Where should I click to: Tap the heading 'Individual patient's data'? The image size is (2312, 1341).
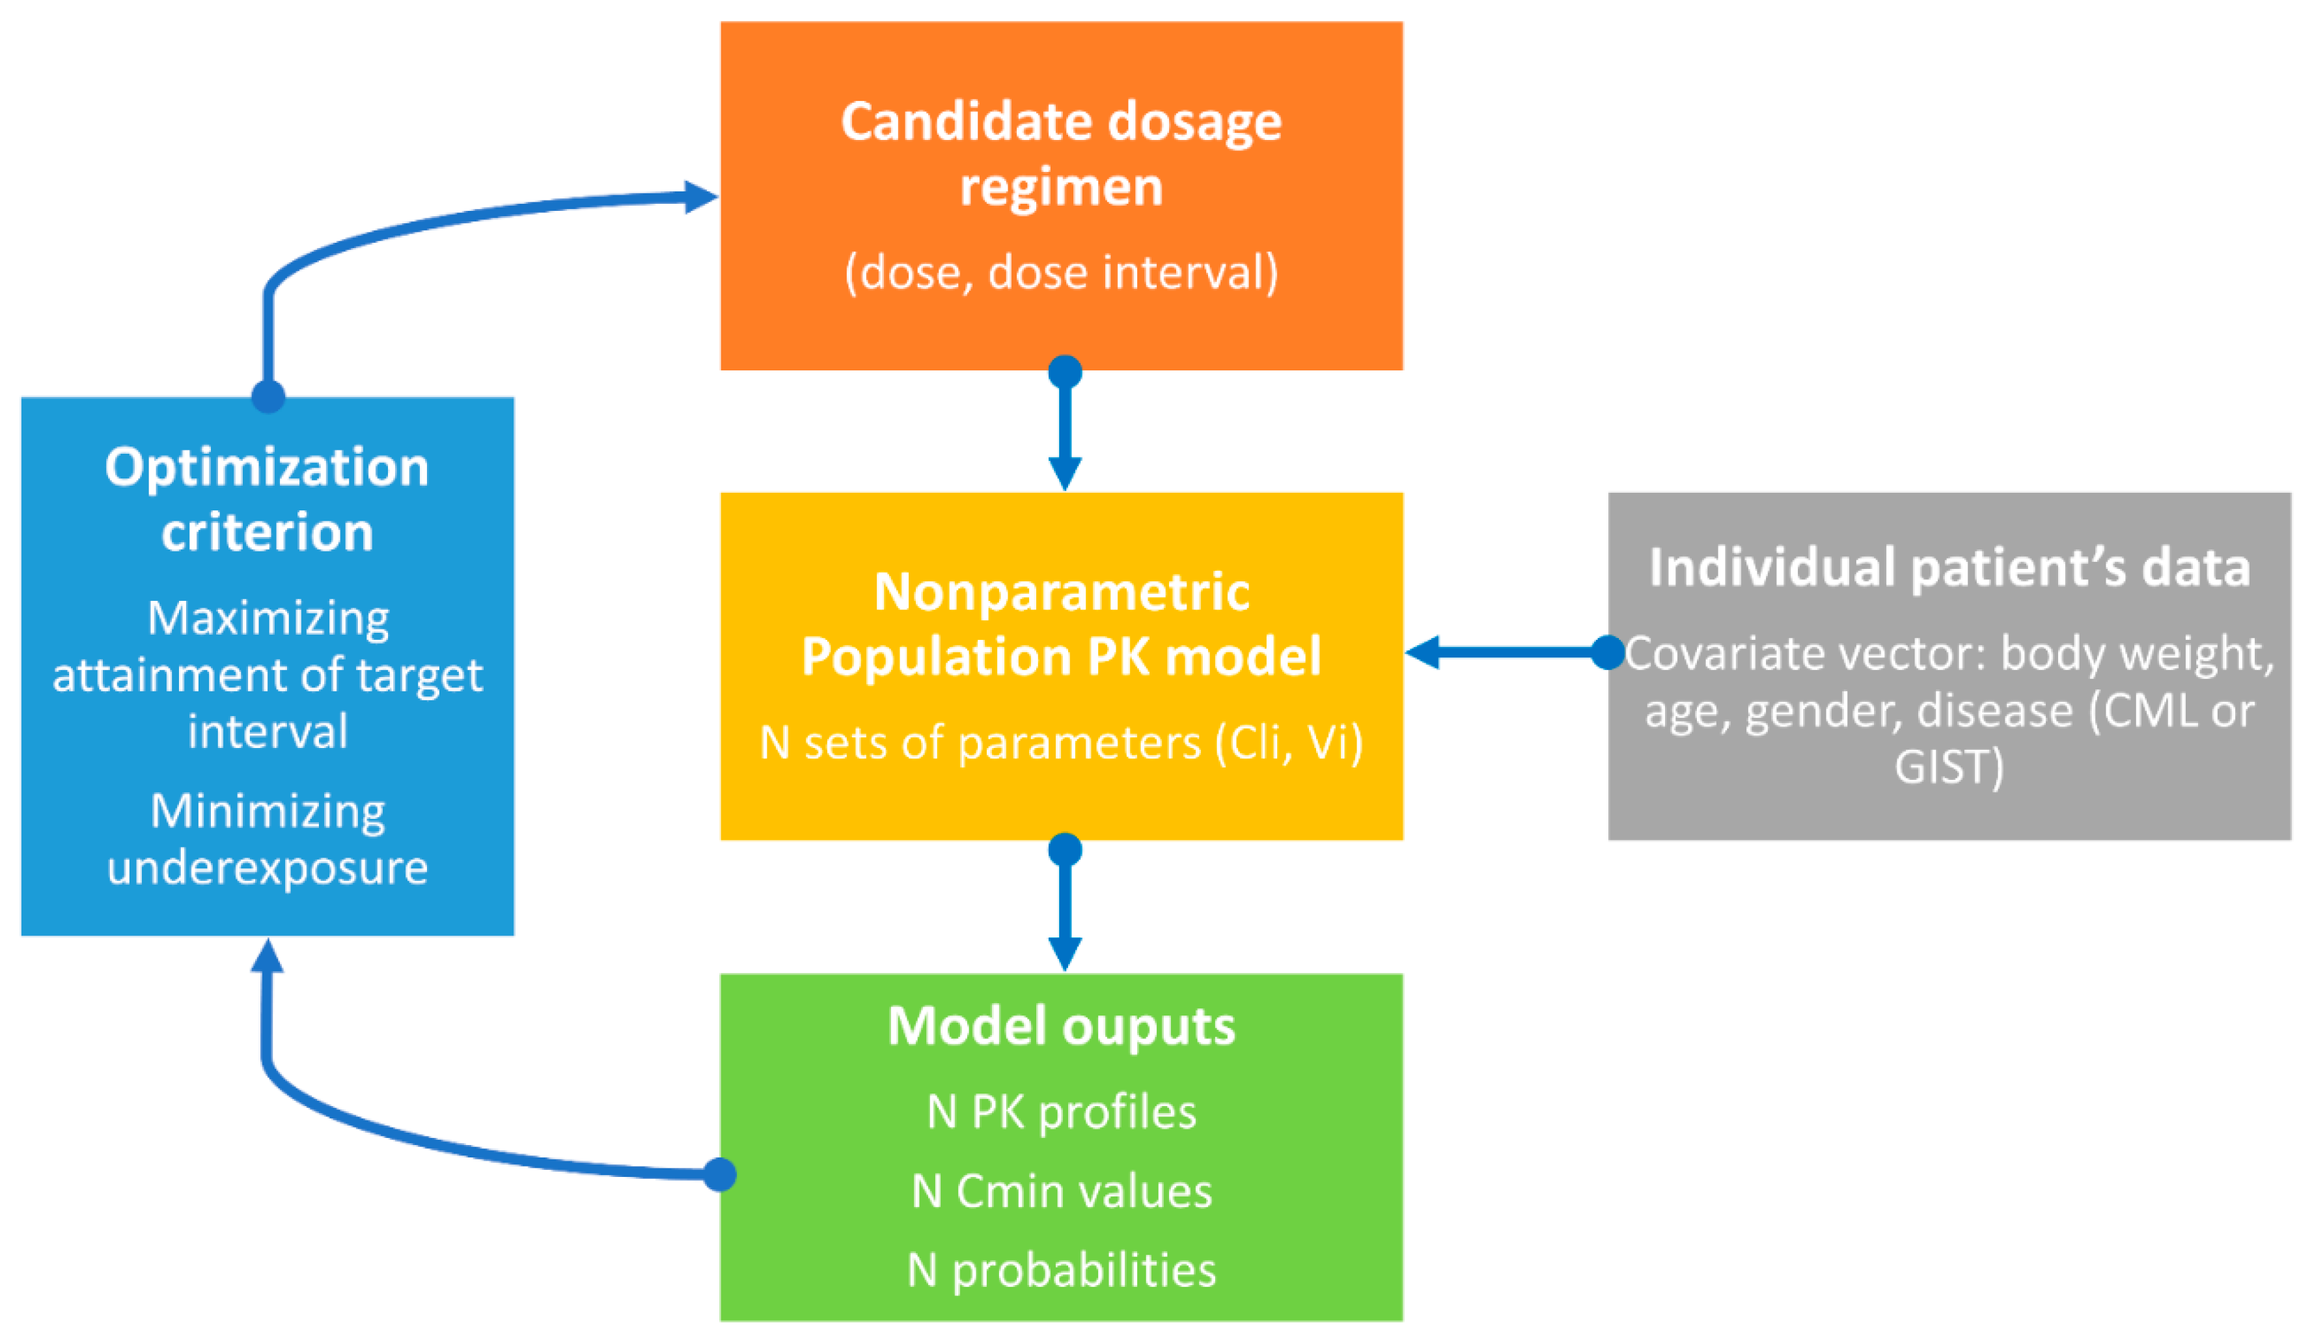coord(1949,567)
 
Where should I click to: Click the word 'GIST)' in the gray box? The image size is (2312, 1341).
coord(1949,766)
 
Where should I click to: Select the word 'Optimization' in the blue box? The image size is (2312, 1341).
coord(267,467)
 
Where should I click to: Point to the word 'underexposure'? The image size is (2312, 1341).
coord(267,867)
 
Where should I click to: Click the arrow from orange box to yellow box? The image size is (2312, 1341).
coord(1064,432)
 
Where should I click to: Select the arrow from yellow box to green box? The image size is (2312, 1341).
coord(1064,909)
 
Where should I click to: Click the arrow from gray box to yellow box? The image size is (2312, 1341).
coord(1505,653)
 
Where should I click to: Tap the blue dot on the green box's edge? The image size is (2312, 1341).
coord(719,1174)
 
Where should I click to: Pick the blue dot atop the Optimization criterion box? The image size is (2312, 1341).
coord(268,396)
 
